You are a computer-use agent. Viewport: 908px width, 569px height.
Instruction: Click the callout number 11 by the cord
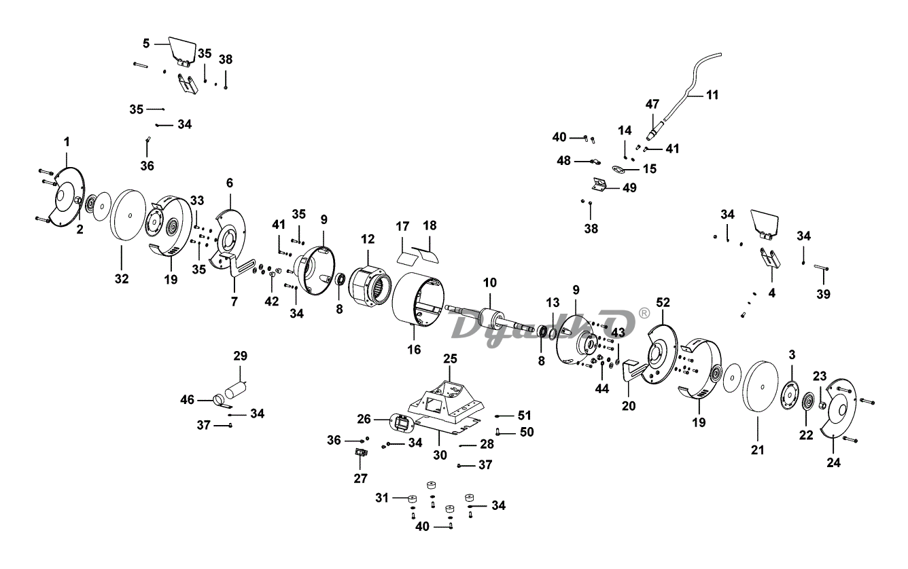click(x=712, y=95)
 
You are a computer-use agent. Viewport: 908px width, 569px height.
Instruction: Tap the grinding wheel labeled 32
click(x=127, y=216)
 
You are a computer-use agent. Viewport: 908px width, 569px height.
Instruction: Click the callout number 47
click(x=652, y=105)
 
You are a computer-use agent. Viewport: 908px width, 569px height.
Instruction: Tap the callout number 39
click(x=824, y=294)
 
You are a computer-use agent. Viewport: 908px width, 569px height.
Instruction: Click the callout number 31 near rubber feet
click(x=381, y=498)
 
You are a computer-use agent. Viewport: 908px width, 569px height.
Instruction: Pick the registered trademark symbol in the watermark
click(x=644, y=313)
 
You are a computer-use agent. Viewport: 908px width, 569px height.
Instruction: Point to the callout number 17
click(x=403, y=225)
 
